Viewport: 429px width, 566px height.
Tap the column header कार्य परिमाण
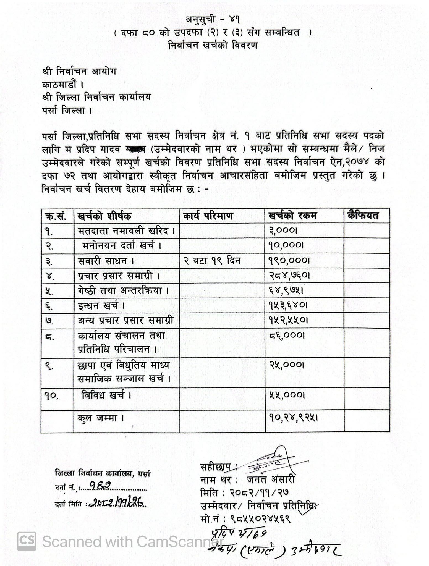(x=208, y=216)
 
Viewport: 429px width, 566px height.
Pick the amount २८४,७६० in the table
(x=289, y=276)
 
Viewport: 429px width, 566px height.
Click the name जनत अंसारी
(x=271, y=479)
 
